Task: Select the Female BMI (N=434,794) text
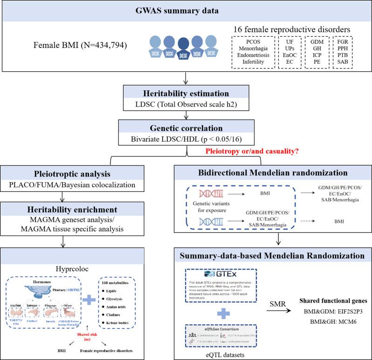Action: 85,47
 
